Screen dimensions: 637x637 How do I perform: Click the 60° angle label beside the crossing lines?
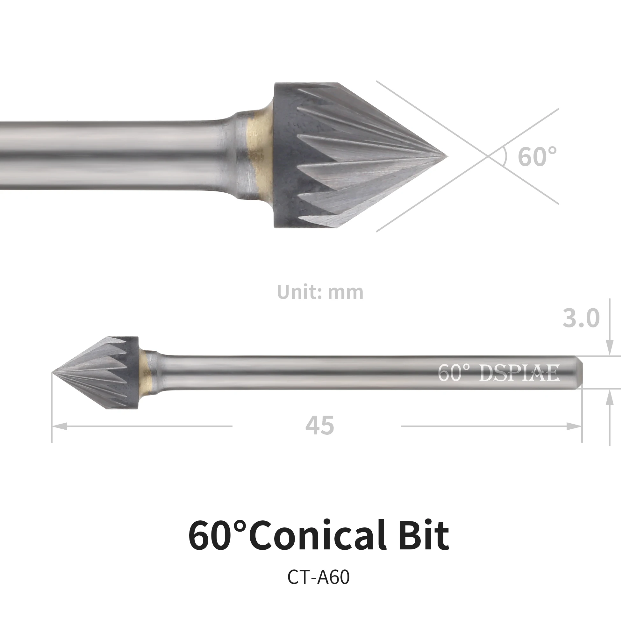[537, 157]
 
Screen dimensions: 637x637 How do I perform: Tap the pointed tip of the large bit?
[446, 156]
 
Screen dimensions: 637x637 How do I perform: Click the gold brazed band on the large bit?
[260, 156]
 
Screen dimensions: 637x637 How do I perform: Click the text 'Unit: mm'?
[320, 292]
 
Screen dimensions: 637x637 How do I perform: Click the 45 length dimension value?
[319, 426]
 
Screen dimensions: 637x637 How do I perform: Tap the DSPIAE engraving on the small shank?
[519, 373]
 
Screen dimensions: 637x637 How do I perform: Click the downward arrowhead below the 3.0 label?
[610, 348]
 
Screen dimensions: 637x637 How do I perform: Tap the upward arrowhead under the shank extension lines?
[610, 397]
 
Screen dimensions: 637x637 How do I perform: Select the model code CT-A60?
[318, 577]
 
